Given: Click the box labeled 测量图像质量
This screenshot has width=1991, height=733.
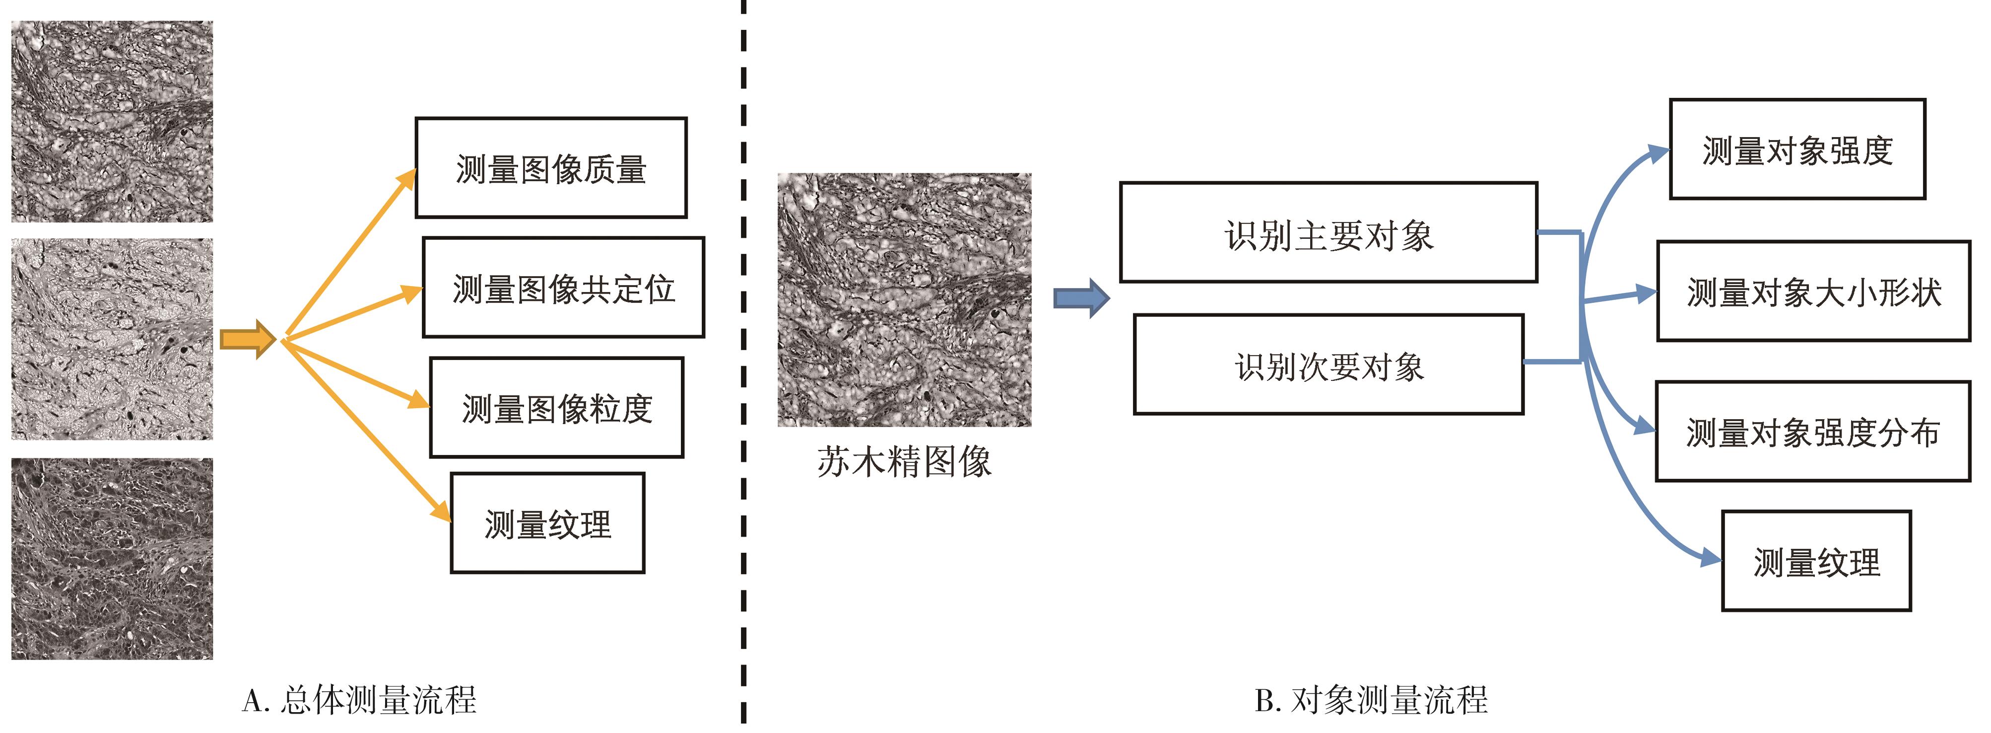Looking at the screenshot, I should coord(550,168).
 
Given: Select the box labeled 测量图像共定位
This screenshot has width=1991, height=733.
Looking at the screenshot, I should coord(563,288).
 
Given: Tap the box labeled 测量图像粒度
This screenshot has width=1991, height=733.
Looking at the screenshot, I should coord(556,408).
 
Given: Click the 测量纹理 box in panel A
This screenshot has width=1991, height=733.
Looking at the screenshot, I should coord(547,523).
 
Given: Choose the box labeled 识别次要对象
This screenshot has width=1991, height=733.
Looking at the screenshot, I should coord(1328,364).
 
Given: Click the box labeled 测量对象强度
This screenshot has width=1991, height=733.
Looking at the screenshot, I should coord(1797,149).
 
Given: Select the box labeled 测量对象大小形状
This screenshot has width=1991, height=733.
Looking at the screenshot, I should coord(1813,292).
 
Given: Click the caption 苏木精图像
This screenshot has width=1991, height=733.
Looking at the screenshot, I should coord(904,462).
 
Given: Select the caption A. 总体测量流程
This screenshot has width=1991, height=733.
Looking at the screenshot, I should coord(359,700).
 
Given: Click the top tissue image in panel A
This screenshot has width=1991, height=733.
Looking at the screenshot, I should coord(112,121).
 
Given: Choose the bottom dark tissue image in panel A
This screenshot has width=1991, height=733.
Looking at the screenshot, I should coord(112,558).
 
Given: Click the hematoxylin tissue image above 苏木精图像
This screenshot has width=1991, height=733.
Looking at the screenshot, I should coord(904,299).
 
